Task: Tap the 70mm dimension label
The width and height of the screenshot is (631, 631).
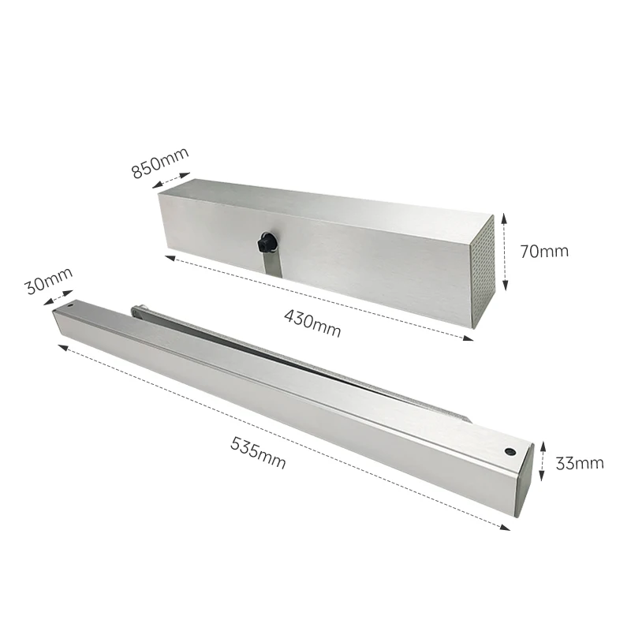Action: pos(544,252)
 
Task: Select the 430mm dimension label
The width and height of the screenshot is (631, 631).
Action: pos(312,323)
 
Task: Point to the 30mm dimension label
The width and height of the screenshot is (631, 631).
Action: pos(48,281)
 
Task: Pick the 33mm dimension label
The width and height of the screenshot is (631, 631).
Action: pos(579,463)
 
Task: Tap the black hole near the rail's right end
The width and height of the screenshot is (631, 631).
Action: pos(510,452)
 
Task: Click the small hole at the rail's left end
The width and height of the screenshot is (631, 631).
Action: pos(69,303)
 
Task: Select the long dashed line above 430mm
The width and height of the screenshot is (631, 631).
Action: pos(315,297)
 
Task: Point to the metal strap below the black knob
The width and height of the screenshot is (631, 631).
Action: pos(271,264)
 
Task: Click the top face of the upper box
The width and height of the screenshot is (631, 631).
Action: pos(331,202)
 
